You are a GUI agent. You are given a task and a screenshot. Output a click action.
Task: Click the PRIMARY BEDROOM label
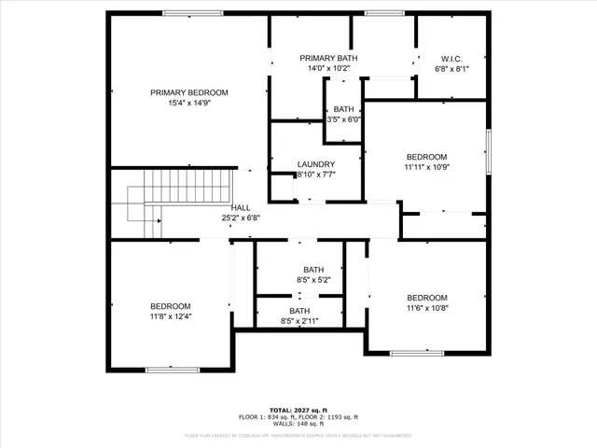[x=189, y=92]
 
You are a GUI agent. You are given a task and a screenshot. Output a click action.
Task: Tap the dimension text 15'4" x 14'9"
[x=189, y=105]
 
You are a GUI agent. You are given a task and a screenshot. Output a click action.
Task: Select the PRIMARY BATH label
[x=327, y=58]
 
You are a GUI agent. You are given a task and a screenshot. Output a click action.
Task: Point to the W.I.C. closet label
[x=452, y=58]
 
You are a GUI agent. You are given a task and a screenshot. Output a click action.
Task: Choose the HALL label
[x=241, y=207]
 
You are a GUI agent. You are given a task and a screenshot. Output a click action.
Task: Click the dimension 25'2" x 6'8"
[x=241, y=217]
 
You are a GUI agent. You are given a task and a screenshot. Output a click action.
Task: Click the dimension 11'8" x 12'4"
[x=171, y=316]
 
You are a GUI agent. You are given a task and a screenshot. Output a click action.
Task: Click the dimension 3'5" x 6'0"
[x=343, y=119]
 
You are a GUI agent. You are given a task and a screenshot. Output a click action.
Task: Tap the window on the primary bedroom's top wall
[x=192, y=12]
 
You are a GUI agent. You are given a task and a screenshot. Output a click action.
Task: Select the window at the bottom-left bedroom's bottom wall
[x=172, y=370]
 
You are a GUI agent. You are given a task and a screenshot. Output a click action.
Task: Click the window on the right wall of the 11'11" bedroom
[x=487, y=149]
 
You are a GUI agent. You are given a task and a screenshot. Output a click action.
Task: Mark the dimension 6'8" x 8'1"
[x=452, y=68]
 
